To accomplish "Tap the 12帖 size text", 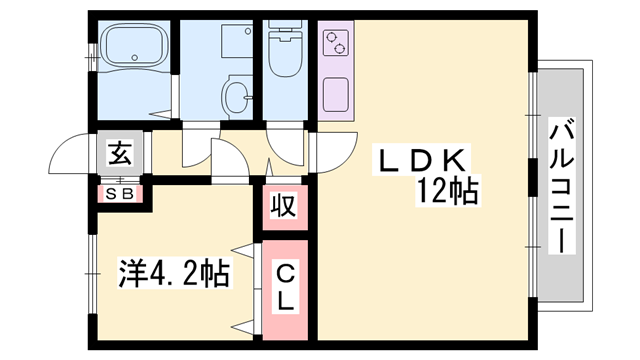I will coord(448,190).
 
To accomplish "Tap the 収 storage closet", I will coord(284,208).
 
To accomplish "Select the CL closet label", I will coord(285,286).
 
